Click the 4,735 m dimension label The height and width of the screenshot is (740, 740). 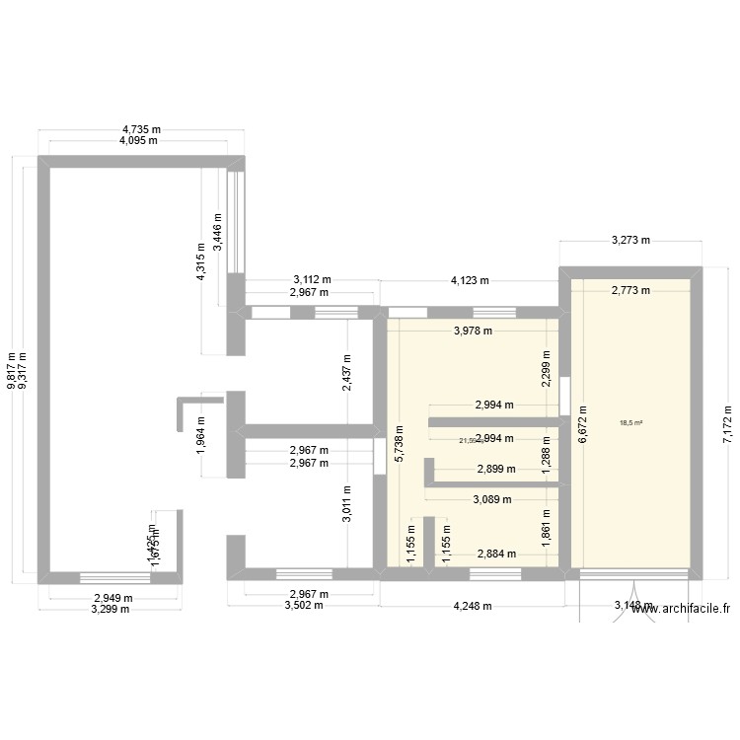click(141, 129)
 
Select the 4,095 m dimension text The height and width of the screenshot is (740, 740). click(141, 141)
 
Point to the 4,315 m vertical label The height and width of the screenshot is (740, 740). click(200, 262)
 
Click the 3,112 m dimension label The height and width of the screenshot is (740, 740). click(310, 280)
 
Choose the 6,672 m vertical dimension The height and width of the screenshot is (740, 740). click(582, 422)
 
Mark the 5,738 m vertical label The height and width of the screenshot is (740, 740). click(399, 444)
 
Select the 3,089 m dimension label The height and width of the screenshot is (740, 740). click(492, 499)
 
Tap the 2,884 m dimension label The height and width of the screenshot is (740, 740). click(496, 555)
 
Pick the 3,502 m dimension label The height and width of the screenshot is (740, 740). click(304, 607)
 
